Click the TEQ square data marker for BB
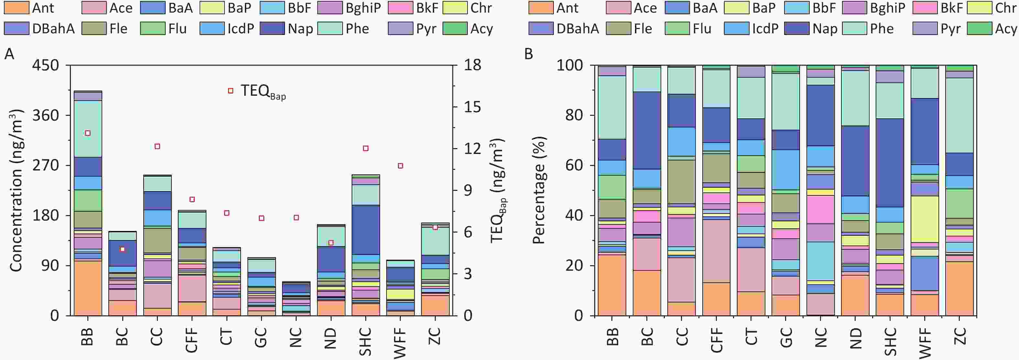(88, 133)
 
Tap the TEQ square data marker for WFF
(400, 166)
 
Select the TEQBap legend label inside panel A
(263, 92)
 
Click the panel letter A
(9, 54)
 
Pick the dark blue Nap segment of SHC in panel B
(890, 162)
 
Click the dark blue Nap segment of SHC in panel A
(366, 229)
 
